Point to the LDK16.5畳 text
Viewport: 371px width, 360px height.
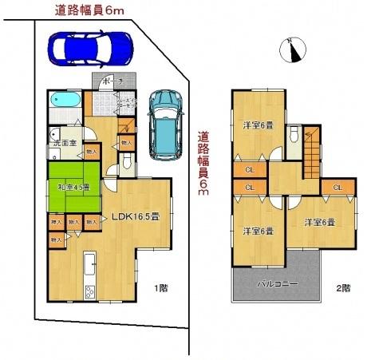pos(136,216)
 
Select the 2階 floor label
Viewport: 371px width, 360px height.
pos(342,287)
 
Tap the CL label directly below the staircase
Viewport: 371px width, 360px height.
pos(337,188)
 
